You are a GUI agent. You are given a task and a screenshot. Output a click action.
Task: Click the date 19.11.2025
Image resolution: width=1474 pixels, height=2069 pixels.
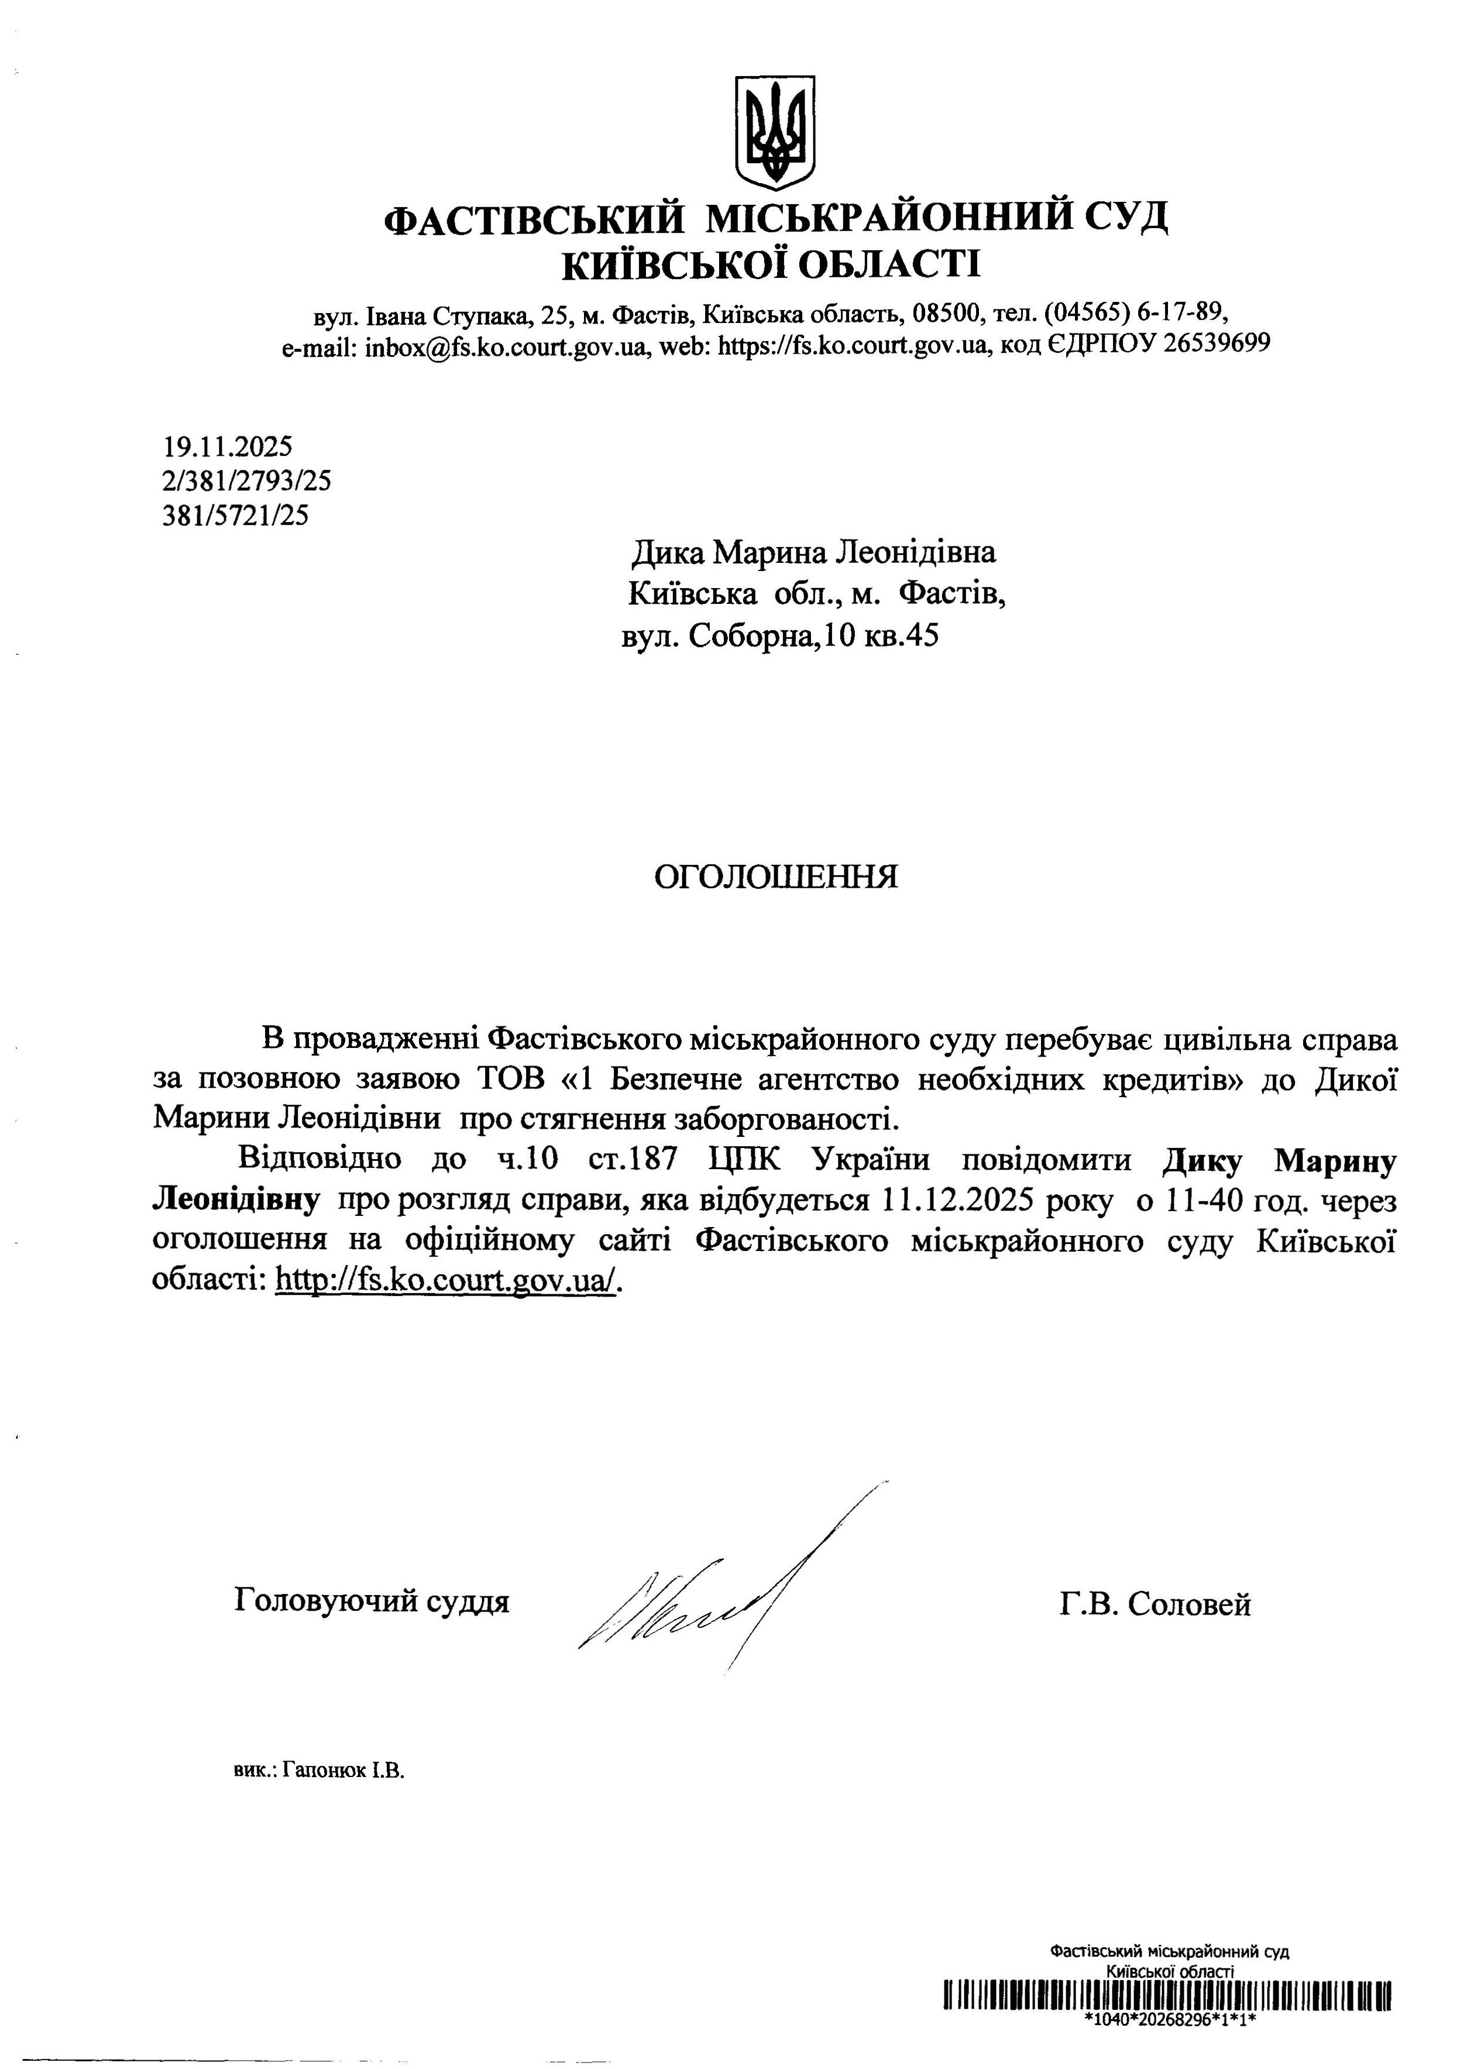pos(228,446)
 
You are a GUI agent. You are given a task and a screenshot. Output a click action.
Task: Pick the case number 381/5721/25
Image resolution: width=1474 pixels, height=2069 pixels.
pos(235,515)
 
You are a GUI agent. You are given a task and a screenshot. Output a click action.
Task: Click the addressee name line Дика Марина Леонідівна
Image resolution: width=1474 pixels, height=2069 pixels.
pos(813,552)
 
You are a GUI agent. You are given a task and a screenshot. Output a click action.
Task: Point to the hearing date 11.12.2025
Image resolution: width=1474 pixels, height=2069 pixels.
pos(957,1201)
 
